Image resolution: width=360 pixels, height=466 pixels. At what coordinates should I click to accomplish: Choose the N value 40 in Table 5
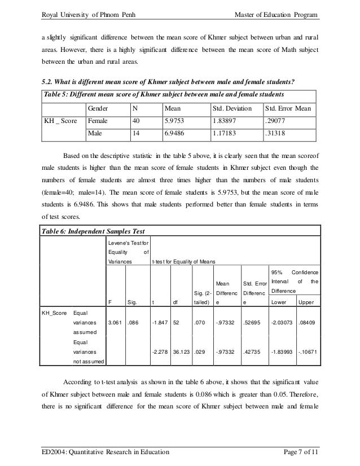tap(137, 120)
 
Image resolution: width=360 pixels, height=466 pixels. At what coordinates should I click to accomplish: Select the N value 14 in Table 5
tap(137, 133)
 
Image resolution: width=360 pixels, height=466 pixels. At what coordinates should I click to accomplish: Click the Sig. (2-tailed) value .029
tap(199, 352)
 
